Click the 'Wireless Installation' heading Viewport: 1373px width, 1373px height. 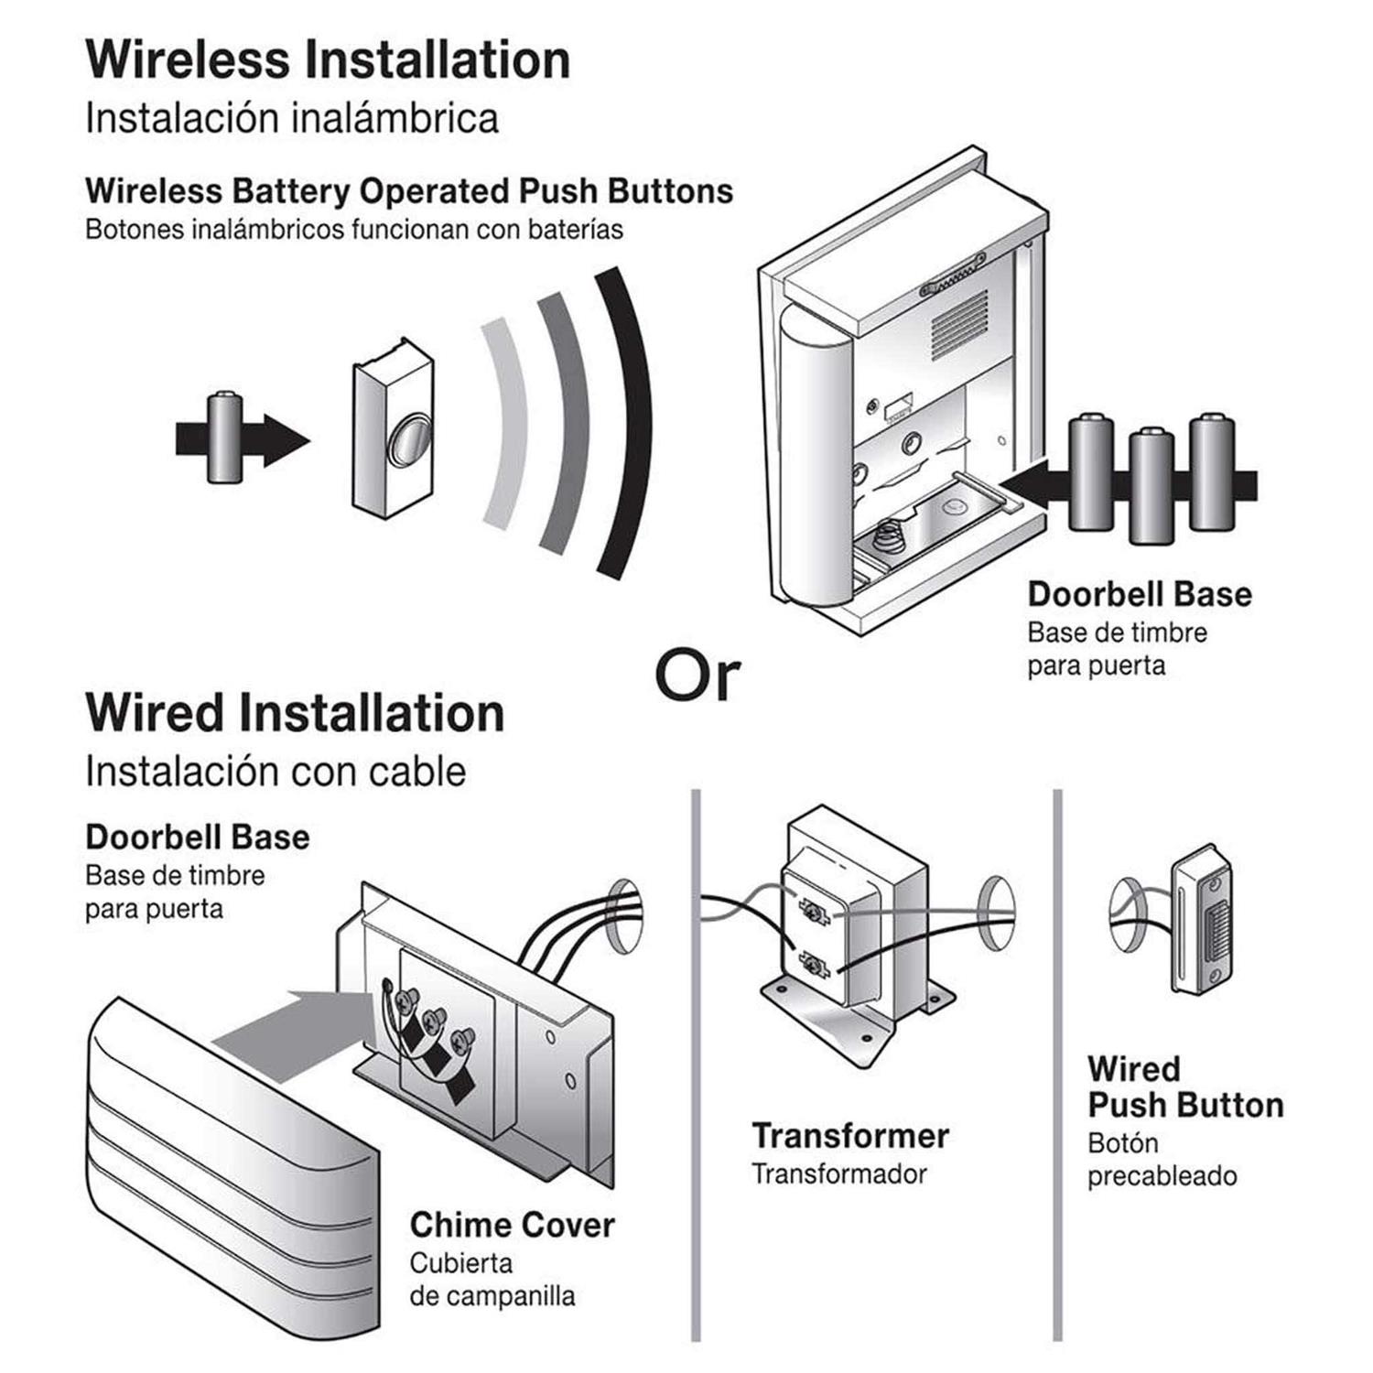328,60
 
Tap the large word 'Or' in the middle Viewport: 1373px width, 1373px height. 697,676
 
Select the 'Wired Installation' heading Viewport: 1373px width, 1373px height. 295,713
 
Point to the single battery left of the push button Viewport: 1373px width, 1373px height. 223,437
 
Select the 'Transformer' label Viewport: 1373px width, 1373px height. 849,1136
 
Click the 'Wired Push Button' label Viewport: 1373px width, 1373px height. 1184,1087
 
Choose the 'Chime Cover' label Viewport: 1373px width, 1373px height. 512,1225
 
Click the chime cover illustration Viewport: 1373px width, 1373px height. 229,1181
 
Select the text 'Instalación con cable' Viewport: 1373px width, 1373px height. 276,771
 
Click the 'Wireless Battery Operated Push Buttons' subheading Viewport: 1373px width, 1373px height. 409,191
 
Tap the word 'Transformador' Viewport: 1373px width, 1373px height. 838,1174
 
